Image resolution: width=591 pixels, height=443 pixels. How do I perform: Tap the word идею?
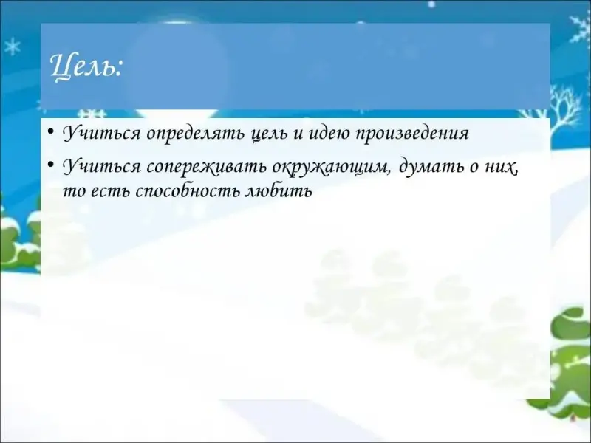click(x=328, y=133)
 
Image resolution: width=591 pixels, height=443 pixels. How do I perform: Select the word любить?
click(x=279, y=191)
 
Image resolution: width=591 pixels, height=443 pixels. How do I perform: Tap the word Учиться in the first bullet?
click(x=101, y=134)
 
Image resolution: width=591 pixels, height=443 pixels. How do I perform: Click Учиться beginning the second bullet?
click(x=101, y=167)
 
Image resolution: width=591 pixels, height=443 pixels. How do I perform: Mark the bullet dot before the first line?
click(x=51, y=132)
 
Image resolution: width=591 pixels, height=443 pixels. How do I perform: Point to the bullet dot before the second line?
click(x=51, y=165)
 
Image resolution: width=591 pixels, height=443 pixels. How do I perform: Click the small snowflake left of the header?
click(x=13, y=47)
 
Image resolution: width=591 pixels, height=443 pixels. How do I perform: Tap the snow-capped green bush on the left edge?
click(x=19, y=241)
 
